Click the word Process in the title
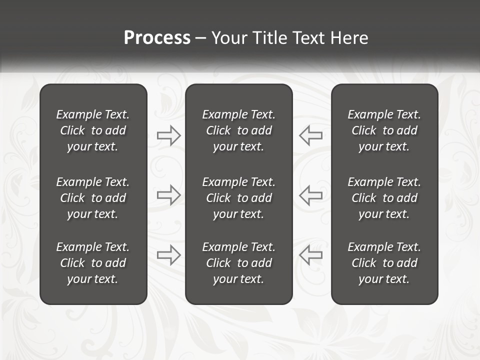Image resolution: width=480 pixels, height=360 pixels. (157, 38)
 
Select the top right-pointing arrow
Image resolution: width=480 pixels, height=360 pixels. (168, 135)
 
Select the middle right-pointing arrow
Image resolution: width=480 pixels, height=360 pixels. (168, 195)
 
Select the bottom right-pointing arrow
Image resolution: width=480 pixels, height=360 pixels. (168, 255)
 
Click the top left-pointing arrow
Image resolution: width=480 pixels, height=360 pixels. (310, 135)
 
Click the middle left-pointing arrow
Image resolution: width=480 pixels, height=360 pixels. (310, 195)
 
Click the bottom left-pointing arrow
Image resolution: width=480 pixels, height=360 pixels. (310, 255)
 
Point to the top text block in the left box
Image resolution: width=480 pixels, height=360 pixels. (93, 130)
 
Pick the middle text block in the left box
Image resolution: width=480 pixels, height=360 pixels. (93, 198)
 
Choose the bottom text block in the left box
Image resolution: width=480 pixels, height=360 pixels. (93, 263)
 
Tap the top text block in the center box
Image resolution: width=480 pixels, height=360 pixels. (239, 130)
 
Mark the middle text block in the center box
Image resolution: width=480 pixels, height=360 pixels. (239, 198)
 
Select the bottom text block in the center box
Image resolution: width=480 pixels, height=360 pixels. (239, 263)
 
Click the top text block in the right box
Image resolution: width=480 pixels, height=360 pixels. (384, 130)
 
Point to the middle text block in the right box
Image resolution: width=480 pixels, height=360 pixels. (384, 198)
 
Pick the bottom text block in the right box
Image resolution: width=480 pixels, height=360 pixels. (384, 263)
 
